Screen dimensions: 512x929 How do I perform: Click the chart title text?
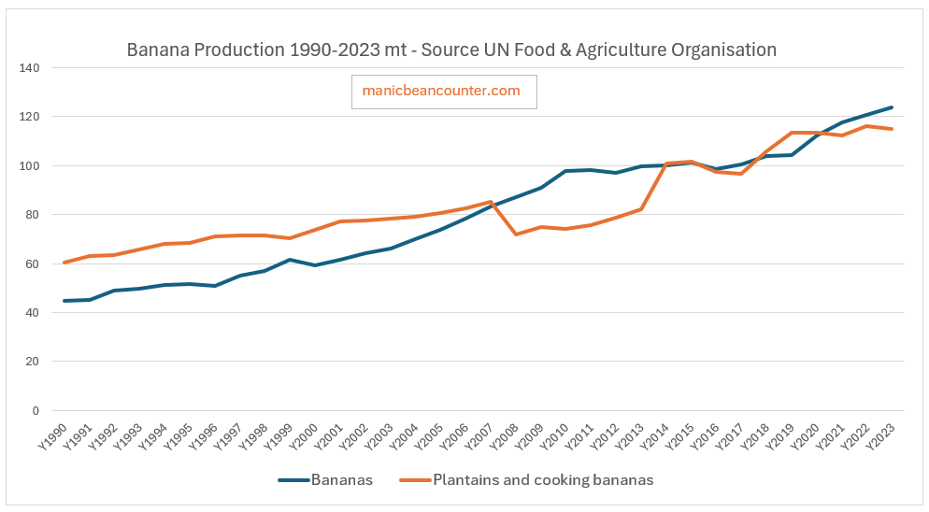451,50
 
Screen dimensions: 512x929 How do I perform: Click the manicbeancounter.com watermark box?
444,92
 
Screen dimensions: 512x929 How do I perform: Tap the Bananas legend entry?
326,480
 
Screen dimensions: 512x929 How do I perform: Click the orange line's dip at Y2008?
516,235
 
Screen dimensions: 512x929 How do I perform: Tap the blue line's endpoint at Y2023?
892,107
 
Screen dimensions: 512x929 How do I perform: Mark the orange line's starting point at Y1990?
64,263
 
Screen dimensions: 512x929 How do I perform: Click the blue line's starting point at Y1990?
64,301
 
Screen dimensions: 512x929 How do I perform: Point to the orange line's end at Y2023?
892,129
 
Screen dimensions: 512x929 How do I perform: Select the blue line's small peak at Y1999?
290,260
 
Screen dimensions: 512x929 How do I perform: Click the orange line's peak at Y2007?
491,202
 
